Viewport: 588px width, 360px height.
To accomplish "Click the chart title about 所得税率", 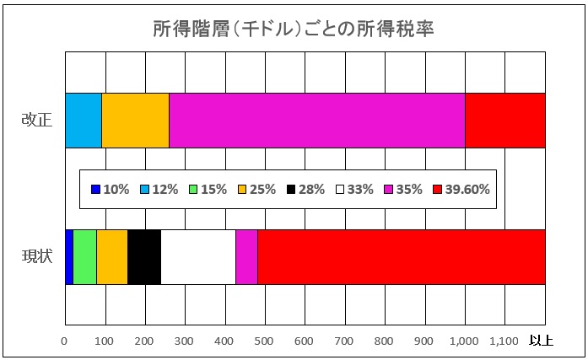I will pos(294,30).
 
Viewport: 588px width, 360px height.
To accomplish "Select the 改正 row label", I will pos(37,120).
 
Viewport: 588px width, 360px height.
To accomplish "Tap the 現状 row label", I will pos(37,256).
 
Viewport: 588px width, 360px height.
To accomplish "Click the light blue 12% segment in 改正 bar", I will pos(84,120).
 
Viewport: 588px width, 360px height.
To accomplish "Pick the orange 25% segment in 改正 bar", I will pos(135,120).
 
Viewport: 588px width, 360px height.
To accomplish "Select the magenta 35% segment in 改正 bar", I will pos(316,120).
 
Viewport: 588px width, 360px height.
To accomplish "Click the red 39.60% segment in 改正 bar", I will pos(504,120).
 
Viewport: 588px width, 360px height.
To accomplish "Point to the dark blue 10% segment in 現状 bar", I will pos(69,256).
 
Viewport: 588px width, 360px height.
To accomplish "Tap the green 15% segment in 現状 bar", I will pos(85,256).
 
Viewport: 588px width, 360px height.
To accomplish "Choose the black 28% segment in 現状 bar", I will pos(144,256).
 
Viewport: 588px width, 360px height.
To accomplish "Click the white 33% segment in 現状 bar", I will pos(198,256).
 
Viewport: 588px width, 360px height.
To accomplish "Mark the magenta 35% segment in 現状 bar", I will pos(246,256).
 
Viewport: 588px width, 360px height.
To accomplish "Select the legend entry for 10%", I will pos(111,190).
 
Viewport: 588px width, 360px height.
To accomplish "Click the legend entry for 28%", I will pos(305,190).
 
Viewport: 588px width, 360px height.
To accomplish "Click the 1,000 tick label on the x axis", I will pos(465,341).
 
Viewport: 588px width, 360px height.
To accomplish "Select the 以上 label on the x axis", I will pos(541,341).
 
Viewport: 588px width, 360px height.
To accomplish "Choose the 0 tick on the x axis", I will pos(65,341).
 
